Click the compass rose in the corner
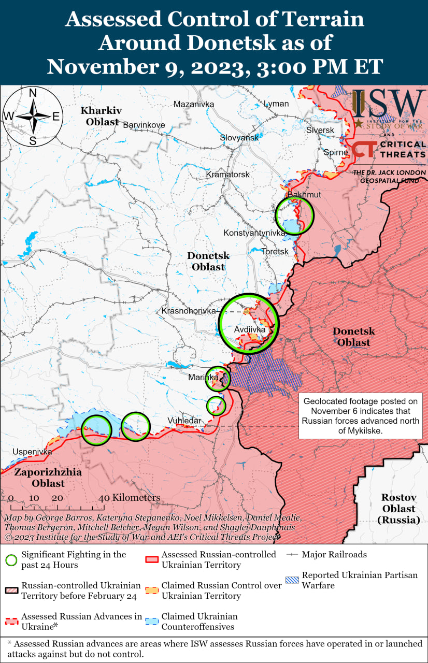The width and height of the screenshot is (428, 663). (32, 117)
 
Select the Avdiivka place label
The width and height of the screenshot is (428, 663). (249, 329)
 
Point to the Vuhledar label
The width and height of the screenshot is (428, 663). (184, 421)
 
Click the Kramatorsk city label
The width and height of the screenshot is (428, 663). (227, 175)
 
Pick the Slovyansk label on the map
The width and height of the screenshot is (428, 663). (239, 138)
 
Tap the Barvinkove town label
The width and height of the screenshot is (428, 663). (144, 125)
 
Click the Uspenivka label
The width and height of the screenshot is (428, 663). (32, 452)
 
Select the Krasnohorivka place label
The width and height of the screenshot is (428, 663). (189, 311)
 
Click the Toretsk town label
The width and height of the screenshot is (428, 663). (275, 251)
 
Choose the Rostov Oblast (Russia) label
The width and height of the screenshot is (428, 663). (398, 508)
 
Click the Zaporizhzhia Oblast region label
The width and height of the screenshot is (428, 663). (40, 478)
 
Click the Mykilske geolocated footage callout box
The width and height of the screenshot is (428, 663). (361, 415)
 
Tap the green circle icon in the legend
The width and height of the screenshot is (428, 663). (11, 560)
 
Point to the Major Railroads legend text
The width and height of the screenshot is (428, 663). (334, 554)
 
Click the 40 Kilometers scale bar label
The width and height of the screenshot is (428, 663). (129, 498)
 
